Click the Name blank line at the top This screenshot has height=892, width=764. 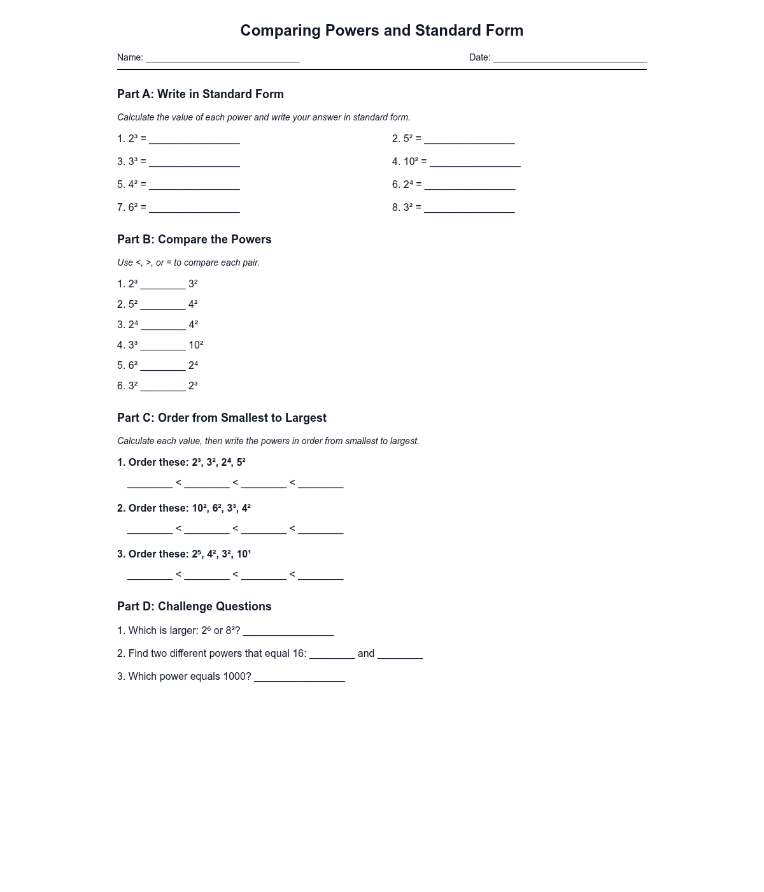[222, 59]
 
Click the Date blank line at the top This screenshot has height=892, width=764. [569, 59]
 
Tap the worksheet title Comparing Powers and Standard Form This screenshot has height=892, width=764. [381, 31]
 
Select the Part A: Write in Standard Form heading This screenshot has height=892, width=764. [201, 94]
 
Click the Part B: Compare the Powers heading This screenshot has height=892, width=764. [194, 240]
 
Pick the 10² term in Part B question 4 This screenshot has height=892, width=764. [195, 345]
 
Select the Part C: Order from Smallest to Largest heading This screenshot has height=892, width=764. [222, 418]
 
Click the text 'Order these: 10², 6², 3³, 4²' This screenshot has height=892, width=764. [189, 508]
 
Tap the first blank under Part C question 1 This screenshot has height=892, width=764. [150, 484]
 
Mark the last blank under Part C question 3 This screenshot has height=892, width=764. [320, 576]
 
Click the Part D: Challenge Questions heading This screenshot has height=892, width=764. [194, 607]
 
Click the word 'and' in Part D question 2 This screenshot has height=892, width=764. [366, 654]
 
